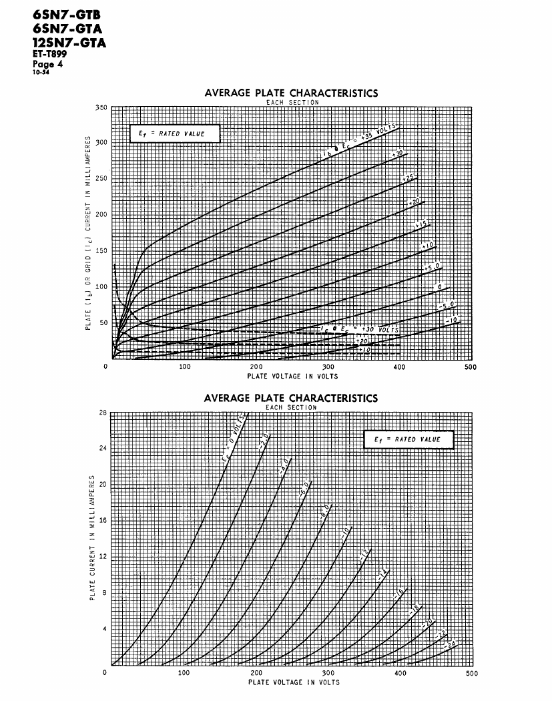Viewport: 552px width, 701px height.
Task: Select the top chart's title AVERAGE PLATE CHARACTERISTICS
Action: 290,93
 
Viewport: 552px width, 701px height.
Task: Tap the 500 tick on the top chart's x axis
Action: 470,367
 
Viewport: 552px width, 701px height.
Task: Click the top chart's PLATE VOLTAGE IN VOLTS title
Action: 292,376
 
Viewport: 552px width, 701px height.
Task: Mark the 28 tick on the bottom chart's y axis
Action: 103,413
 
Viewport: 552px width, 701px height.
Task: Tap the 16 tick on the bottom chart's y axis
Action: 103,521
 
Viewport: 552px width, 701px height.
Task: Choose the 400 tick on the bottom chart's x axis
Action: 400,673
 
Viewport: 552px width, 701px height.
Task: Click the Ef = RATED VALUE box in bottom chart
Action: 408,439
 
